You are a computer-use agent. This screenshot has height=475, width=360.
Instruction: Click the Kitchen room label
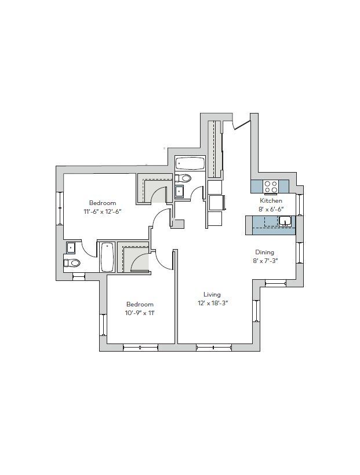click(x=271, y=200)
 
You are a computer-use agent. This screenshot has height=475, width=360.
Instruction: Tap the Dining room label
click(x=265, y=252)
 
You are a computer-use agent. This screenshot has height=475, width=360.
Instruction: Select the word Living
click(x=212, y=294)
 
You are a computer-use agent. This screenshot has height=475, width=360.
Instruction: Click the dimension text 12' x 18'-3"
click(x=212, y=303)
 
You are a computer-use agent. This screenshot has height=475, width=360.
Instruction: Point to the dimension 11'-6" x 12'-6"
click(x=103, y=211)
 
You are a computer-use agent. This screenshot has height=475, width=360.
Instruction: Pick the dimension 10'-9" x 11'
click(x=140, y=313)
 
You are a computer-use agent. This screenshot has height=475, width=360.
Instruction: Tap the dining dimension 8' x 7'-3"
click(x=265, y=261)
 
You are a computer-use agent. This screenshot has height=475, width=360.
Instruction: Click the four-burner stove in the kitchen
click(x=271, y=187)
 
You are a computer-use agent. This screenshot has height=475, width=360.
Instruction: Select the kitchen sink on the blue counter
click(x=285, y=221)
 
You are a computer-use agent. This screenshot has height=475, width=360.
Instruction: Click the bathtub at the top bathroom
click(x=190, y=164)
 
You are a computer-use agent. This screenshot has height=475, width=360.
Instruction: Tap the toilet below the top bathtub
click(x=184, y=178)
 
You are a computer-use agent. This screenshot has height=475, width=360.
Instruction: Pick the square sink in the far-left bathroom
click(x=71, y=248)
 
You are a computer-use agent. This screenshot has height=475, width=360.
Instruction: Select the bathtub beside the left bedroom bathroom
click(x=107, y=257)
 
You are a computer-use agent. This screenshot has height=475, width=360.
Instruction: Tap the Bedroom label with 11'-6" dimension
click(x=103, y=203)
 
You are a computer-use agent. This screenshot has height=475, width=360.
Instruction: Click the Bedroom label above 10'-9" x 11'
click(x=140, y=304)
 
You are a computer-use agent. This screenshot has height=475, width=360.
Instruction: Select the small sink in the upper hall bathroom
click(x=180, y=191)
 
